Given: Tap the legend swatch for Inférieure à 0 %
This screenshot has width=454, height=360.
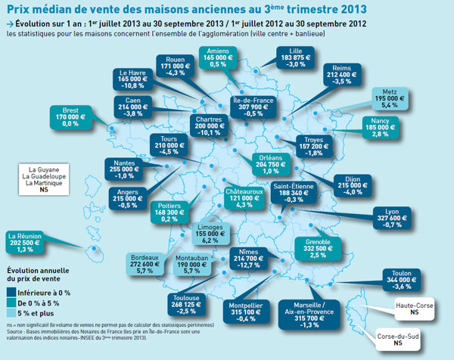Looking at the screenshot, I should [x=14, y=290].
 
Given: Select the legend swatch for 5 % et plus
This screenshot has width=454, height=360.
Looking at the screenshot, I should [x=14, y=312].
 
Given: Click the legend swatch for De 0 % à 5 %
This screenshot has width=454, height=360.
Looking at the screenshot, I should [x=14, y=302].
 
